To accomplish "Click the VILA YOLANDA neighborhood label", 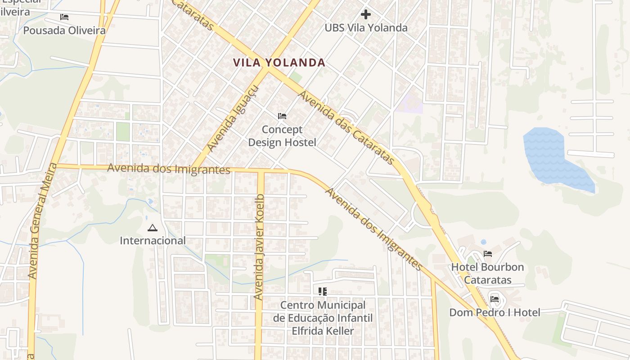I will [279, 63].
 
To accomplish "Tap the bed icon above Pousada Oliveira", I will [64, 17].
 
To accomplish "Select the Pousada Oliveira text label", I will [64, 31].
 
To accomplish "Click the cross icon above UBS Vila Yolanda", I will [366, 14].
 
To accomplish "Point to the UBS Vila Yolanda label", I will [366, 28].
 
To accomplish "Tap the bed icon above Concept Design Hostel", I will [282, 116].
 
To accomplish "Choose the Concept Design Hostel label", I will [282, 136].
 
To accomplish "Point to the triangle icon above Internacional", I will [152, 228].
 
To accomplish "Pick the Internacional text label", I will [153, 241].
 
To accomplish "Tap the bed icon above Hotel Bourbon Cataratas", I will [487, 254].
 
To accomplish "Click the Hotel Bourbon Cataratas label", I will [487, 273].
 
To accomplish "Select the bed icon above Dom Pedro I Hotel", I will [495, 299].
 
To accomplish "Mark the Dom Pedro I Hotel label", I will [495, 312].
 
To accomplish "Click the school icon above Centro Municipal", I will [322, 292].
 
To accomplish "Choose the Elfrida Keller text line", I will [323, 331].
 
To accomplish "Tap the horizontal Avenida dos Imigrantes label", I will [169, 169].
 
